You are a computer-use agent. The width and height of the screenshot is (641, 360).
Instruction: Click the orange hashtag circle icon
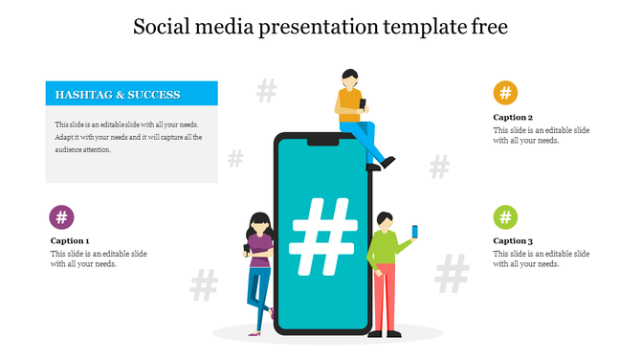tap(505, 93)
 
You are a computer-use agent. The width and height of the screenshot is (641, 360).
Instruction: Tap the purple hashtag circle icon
tap(62, 216)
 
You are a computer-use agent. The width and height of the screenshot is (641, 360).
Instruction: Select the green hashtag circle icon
tap(505, 216)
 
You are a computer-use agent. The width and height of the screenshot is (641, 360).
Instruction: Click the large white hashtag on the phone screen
tap(321, 235)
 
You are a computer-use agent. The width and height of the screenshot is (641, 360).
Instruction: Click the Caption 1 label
tap(70, 241)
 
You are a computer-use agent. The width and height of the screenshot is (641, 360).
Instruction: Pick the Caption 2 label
tap(513, 118)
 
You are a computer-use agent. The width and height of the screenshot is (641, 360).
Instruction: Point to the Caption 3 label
tap(513, 241)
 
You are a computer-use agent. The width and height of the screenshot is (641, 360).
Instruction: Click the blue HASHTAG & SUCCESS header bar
tap(132, 94)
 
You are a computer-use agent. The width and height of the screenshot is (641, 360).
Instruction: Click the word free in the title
tap(486, 28)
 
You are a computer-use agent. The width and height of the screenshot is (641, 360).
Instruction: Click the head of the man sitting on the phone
tap(350, 77)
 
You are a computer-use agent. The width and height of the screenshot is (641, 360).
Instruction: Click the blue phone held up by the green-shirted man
tap(415, 231)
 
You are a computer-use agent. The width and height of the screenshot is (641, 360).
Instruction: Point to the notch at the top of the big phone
tap(321, 141)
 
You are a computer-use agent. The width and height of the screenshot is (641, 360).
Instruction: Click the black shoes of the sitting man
tap(382, 165)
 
